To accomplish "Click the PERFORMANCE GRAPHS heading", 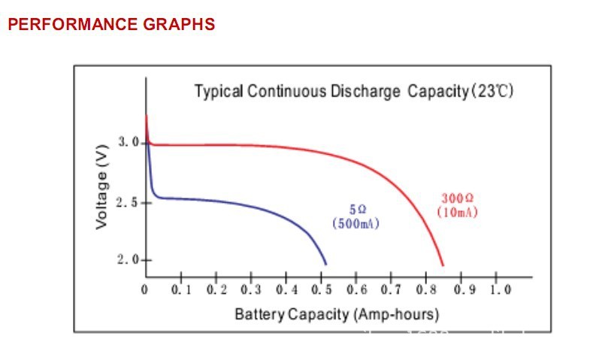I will click(111, 24).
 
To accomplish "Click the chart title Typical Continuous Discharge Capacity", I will click(331, 92).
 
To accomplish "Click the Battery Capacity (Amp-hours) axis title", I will click(336, 313).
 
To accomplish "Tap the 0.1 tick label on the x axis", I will click(181, 290).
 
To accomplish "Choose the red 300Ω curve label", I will click(457, 198).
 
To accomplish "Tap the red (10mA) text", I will click(457, 212).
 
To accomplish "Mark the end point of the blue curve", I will click(326, 265).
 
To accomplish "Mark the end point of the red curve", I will click(443, 265).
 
